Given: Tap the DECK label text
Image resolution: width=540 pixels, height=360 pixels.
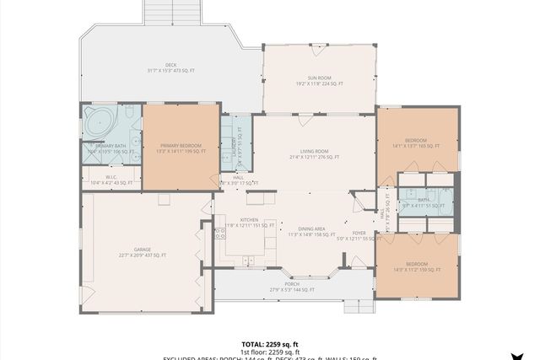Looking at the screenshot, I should pos(170,65).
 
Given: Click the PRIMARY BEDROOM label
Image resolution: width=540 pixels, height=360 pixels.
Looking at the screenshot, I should pos(180,146).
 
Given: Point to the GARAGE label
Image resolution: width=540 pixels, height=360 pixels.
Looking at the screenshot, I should pos(142,250).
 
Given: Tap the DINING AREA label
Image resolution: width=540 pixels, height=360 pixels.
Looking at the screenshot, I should pos(312,228).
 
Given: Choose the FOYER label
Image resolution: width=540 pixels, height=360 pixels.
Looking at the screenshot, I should pos(359,233).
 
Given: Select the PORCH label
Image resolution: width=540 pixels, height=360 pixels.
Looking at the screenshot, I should pos(291,284).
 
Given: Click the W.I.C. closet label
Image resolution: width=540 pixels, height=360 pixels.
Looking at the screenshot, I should pos(111,177).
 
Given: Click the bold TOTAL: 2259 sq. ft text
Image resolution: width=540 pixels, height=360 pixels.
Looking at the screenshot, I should pos(270,344).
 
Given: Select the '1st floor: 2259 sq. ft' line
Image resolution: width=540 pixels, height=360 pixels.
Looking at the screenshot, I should pos(270,352).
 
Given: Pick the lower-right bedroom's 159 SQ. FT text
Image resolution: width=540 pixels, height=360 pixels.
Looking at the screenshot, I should pos(431,270).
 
